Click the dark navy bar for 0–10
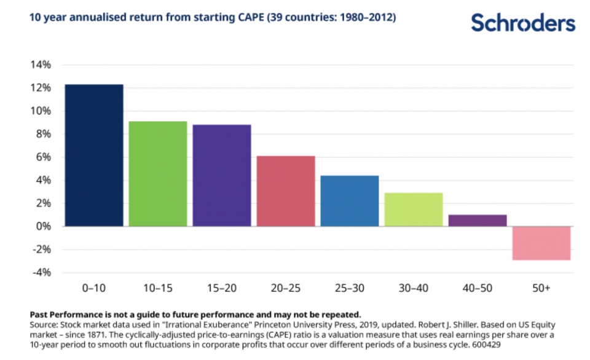point(94,155)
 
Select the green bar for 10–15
point(158,174)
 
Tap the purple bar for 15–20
point(222,176)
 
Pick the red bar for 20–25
point(286,191)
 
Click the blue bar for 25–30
point(350,201)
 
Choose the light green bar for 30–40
point(414,209)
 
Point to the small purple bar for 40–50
point(478,220)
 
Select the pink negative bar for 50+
point(541,243)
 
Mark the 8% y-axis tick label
point(42,134)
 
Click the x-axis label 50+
point(541,287)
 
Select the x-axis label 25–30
point(350,287)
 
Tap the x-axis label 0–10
point(94,287)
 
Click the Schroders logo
point(523,23)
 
